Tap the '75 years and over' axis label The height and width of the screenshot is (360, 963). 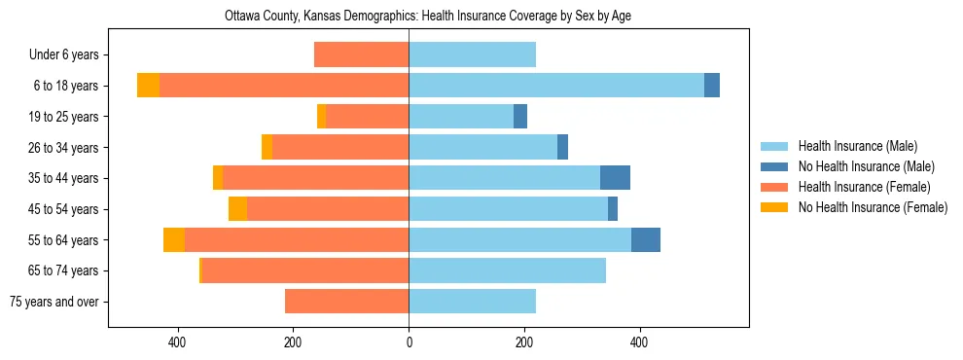[x=54, y=302]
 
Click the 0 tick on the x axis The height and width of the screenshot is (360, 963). [x=409, y=342]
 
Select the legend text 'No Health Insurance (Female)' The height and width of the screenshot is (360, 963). [x=873, y=207]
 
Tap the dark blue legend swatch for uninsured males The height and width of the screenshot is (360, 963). [x=775, y=166]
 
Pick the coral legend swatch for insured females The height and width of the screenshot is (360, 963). [x=775, y=187]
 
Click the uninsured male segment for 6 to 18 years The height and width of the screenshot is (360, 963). [x=712, y=86]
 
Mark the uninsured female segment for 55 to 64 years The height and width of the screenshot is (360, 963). [x=174, y=240]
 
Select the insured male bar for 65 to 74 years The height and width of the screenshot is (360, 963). [x=507, y=270]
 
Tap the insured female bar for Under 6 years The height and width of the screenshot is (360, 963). [x=361, y=54]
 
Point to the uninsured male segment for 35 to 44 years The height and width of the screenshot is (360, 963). [x=615, y=178]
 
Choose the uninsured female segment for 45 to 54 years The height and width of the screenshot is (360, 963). [x=237, y=209]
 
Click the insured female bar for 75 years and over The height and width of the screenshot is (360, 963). [x=346, y=302]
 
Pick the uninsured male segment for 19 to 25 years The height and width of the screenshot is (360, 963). [x=520, y=117]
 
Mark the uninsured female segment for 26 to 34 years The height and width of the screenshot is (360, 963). [x=267, y=147]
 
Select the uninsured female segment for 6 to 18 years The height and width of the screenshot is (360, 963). [x=148, y=86]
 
